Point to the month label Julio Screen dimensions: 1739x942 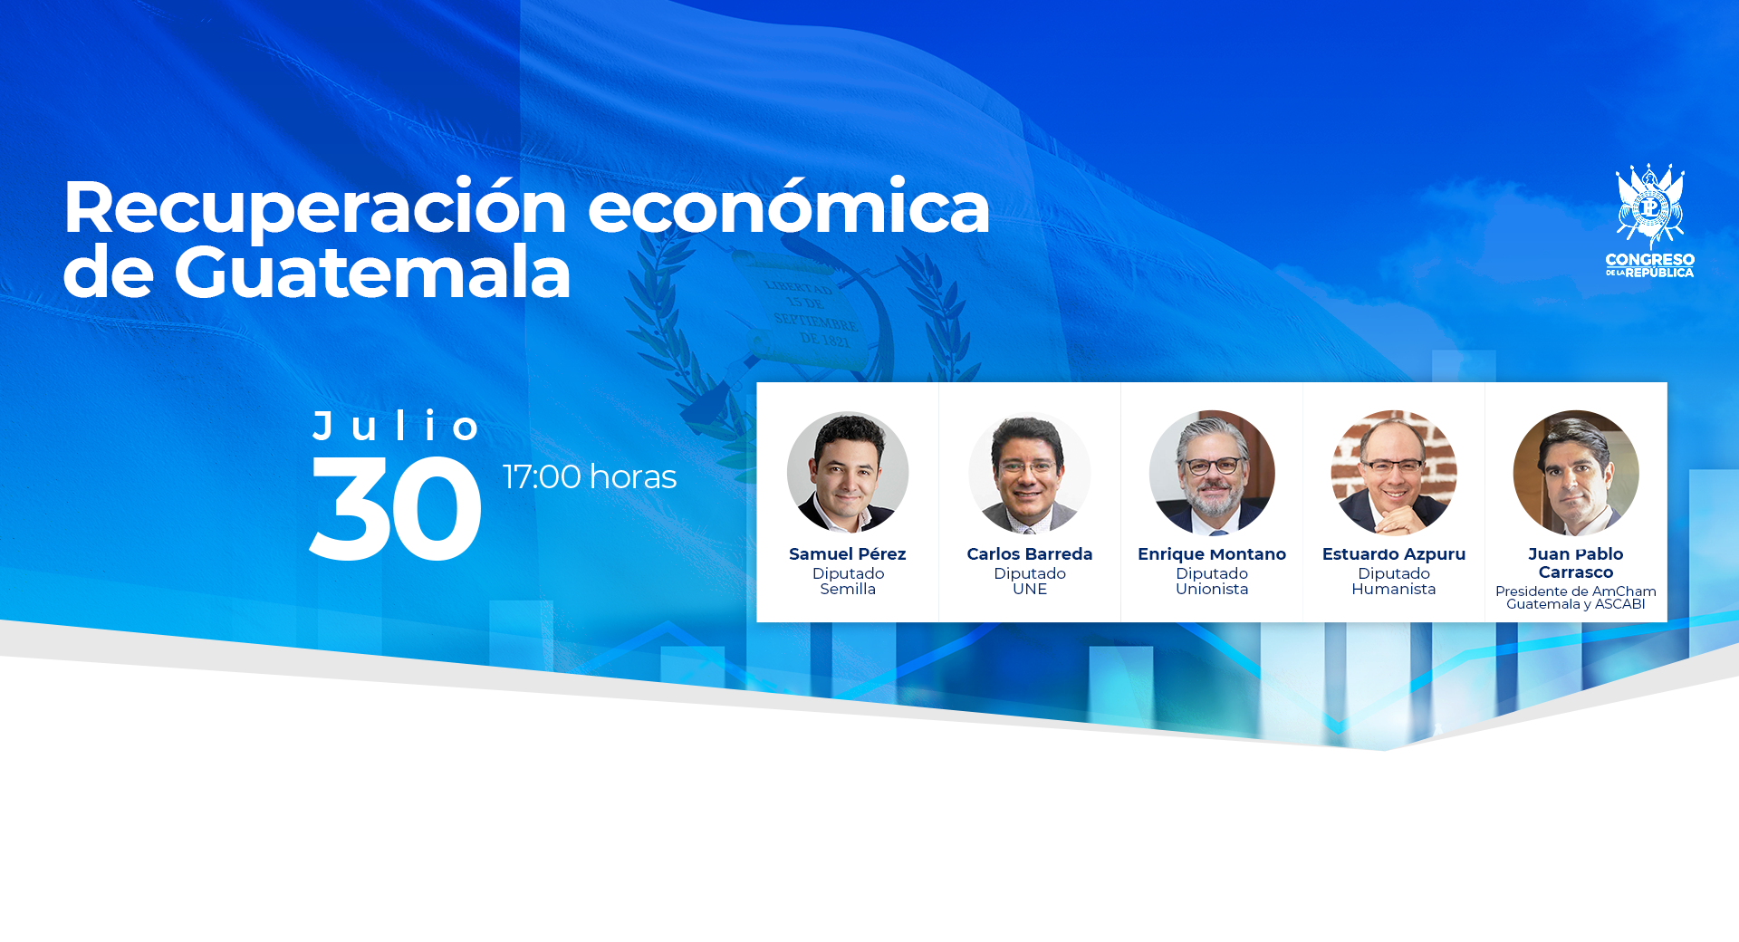[397, 426]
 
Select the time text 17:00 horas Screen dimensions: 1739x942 [590, 476]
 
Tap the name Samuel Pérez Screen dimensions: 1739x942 [848, 554]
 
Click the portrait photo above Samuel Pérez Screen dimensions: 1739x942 [848, 472]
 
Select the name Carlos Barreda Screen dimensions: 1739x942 [1030, 554]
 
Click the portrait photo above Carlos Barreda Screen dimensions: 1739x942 [1030, 472]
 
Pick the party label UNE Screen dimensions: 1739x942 [1030, 589]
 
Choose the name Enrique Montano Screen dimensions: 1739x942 [1212, 554]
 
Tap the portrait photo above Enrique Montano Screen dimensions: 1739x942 [1212, 473]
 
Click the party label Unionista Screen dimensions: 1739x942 [1212, 589]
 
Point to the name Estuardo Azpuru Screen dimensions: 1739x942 [1394, 554]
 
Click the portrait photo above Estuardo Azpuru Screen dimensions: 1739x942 [1394, 473]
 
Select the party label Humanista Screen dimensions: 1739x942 [1394, 589]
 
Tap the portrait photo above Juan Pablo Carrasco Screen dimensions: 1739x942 [1576, 473]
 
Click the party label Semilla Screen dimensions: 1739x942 [848, 589]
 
